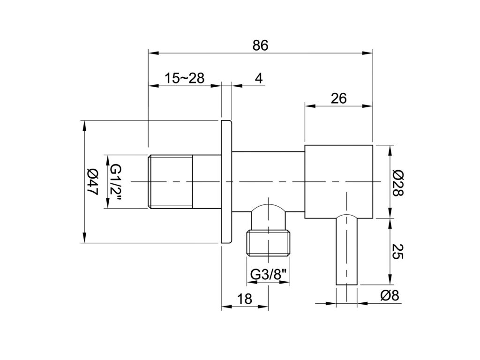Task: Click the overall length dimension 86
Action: (261, 45)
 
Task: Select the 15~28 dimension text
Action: (185, 78)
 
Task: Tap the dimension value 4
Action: (259, 78)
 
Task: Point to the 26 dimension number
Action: (338, 98)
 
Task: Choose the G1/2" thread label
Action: (116, 182)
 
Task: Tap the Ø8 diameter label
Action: (390, 295)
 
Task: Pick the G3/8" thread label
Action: (270, 274)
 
